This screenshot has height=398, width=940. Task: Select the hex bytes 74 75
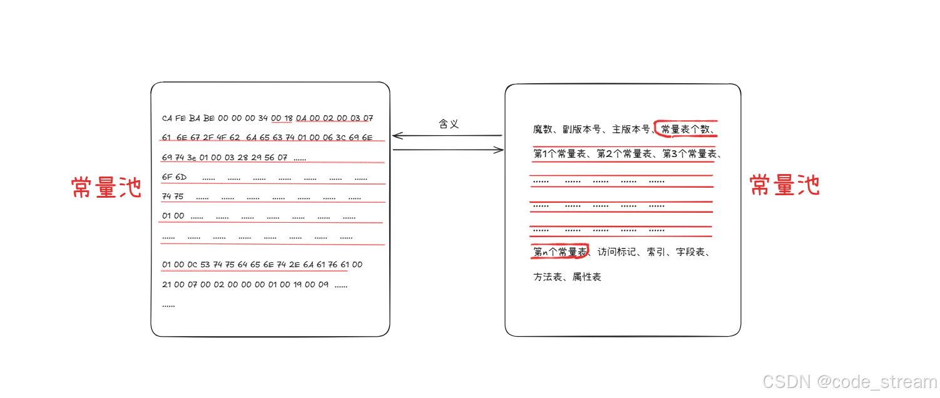(173, 196)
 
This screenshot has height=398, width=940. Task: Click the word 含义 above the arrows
(449, 124)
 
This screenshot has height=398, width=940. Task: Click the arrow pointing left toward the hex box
(447, 136)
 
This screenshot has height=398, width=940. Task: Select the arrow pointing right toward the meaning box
(448, 150)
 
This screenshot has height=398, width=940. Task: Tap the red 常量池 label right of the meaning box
(785, 185)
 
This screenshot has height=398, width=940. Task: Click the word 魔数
(543, 130)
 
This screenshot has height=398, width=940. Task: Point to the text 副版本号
(582, 130)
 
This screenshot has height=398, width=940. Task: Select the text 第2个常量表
(623, 153)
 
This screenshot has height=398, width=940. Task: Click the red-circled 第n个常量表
(559, 252)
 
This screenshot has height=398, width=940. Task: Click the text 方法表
(548, 277)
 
